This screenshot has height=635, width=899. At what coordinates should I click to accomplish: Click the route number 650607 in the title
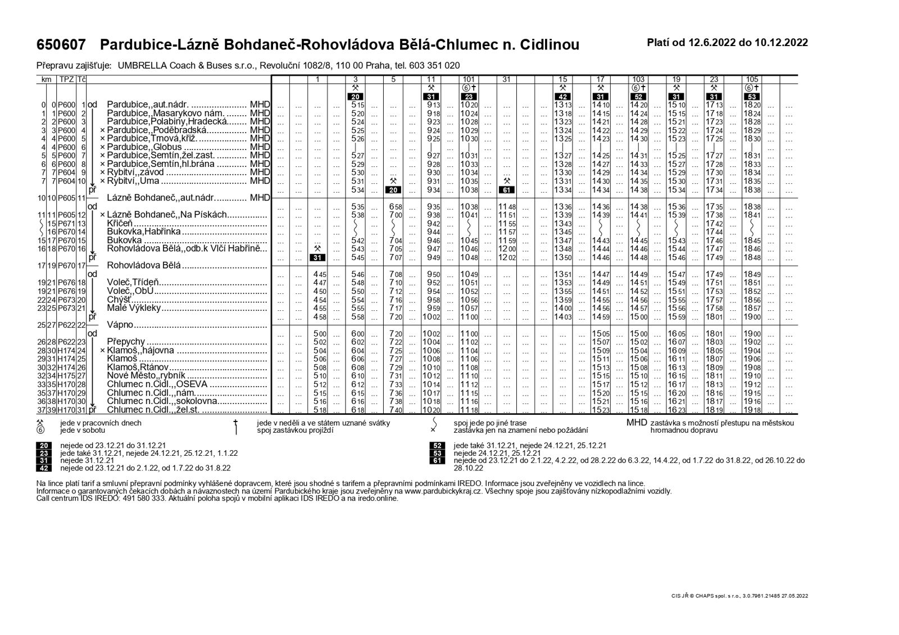[x=61, y=44]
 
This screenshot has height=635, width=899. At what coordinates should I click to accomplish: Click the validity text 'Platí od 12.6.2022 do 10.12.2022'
[x=728, y=43]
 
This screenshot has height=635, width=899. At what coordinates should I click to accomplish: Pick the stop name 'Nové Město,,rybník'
[x=146, y=376]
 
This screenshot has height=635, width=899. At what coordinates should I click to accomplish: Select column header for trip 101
[x=469, y=79]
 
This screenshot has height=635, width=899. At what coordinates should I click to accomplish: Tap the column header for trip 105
[x=752, y=79]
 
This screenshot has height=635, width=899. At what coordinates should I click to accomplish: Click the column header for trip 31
[x=507, y=79]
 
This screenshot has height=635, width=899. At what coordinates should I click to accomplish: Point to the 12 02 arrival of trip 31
[x=507, y=257]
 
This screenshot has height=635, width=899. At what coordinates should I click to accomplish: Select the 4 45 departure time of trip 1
[x=319, y=274]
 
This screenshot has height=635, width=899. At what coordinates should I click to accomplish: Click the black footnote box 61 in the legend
[x=437, y=460]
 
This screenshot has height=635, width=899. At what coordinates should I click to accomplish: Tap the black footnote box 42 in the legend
[x=44, y=468]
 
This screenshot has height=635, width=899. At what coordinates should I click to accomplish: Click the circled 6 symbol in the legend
[x=40, y=430]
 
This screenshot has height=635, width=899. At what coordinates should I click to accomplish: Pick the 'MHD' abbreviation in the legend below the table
[x=637, y=423]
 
